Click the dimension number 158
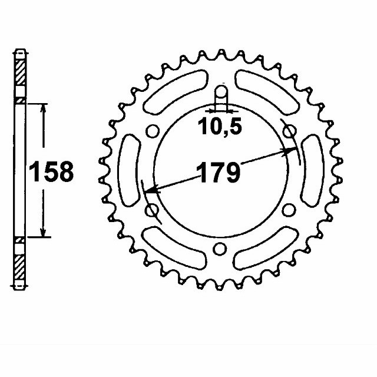coord(52,171)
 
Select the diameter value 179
coord(219,173)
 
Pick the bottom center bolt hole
coord(219,249)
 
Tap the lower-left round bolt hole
coord(151,210)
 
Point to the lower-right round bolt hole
coord(288,210)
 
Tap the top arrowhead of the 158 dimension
coord(42,108)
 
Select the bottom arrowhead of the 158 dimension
coord(42,233)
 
